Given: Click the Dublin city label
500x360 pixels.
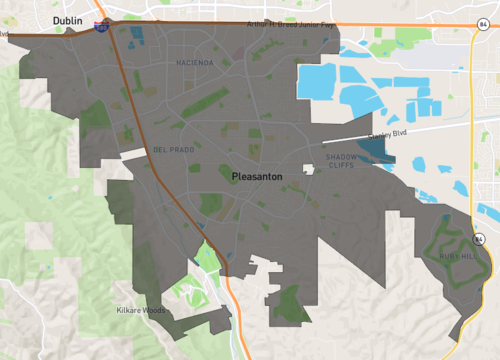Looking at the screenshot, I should tap(68, 18).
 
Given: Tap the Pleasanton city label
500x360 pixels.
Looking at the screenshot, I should tap(257, 176).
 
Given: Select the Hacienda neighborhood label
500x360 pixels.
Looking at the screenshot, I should tap(194, 63).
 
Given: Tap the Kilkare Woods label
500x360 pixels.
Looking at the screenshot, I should tap(139, 311).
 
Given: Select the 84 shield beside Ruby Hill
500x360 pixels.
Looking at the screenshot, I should tap(481, 239).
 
